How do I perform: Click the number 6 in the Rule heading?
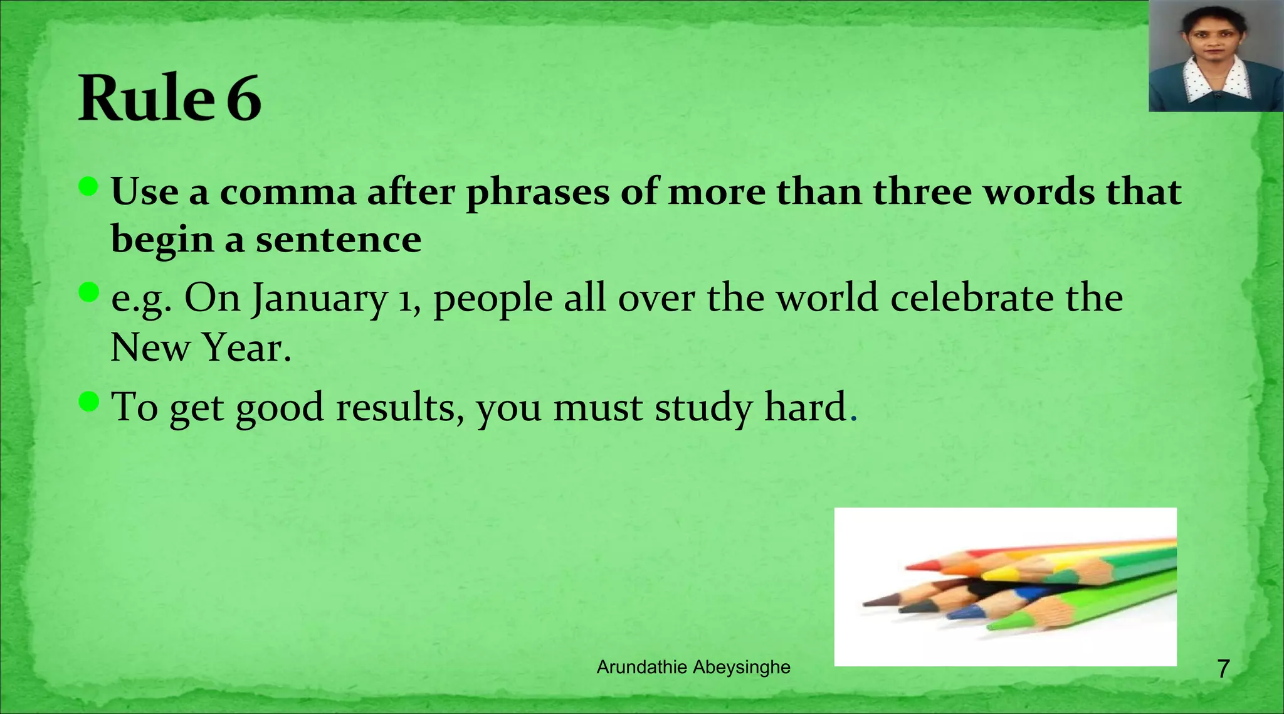(244, 99)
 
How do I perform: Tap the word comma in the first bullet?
(288, 191)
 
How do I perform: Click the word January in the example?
(320, 299)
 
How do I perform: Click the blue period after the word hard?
(853, 418)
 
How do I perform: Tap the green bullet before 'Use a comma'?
(89, 186)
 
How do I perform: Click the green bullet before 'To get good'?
(89, 402)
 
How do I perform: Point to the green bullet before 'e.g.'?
(89, 292)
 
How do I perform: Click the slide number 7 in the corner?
(1223, 669)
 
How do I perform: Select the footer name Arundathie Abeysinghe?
(693, 667)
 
